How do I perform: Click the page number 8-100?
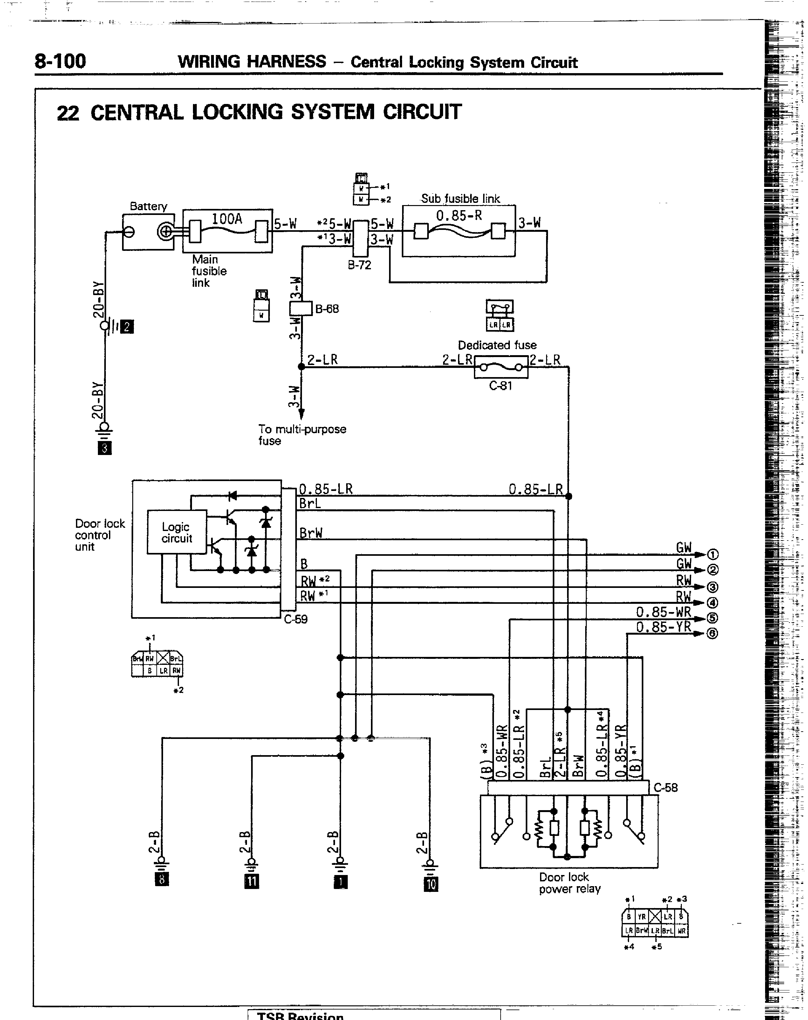pyautogui.click(x=60, y=61)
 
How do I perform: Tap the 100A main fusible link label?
pyautogui.click(x=227, y=219)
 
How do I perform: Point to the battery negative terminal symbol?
pyautogui.click(x=129, y=232)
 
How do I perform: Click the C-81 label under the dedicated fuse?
pyautogui.click(x=501, y=386)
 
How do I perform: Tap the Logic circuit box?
pyautogui.click(x=177, y=532)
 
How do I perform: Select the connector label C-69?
pyautogui.click(x=296, y=619)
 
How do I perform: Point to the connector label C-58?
pyautogui.click(x=666, y=788)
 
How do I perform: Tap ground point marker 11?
pyautogui.click(x=252, y=881)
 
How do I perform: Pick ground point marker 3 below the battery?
pyautogui.click(x=105, y=448)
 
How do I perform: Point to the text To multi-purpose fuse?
pyautogui.click(x=302, y=435)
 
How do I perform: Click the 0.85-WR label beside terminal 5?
pyautogui.click(x=663, y=612)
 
